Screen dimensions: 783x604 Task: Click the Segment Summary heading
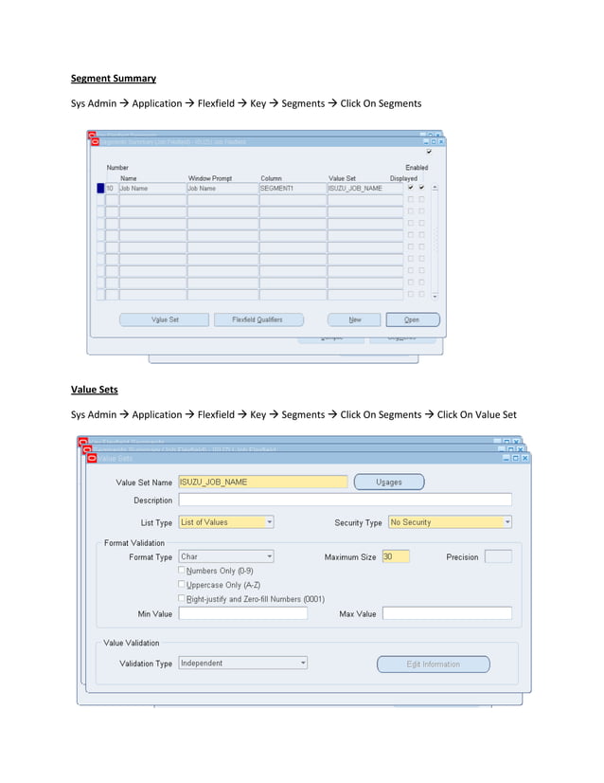(x=114, y=78)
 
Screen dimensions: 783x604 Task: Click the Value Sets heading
(x=97, y=389)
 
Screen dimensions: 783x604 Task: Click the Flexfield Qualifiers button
(x=258, y=319)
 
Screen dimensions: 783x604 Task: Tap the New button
(x=354, y=319)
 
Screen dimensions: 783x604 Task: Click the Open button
(x=412, y=319)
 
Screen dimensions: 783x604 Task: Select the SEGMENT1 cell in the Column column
(x=292, y=189)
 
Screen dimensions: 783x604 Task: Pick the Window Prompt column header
(x=210, y=178)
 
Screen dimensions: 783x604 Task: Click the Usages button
(x=389, y=482)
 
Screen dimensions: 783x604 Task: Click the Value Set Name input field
(x=262, y=482)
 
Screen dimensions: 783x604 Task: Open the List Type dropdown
(x=225, y=522)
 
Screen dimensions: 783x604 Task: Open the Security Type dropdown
(x=449, y=522)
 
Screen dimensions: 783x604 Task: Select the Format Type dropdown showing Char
(x=225, y=556)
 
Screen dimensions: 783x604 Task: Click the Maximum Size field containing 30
(x=395, y=556)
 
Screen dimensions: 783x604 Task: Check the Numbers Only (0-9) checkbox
(x=182, y=571)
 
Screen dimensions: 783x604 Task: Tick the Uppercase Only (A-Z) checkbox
(x=182, y=585)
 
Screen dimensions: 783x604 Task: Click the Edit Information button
(x=433, y=664)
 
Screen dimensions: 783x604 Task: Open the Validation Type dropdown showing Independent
(x=242, y=664)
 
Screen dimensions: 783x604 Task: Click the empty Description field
(x=345, y=500)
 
